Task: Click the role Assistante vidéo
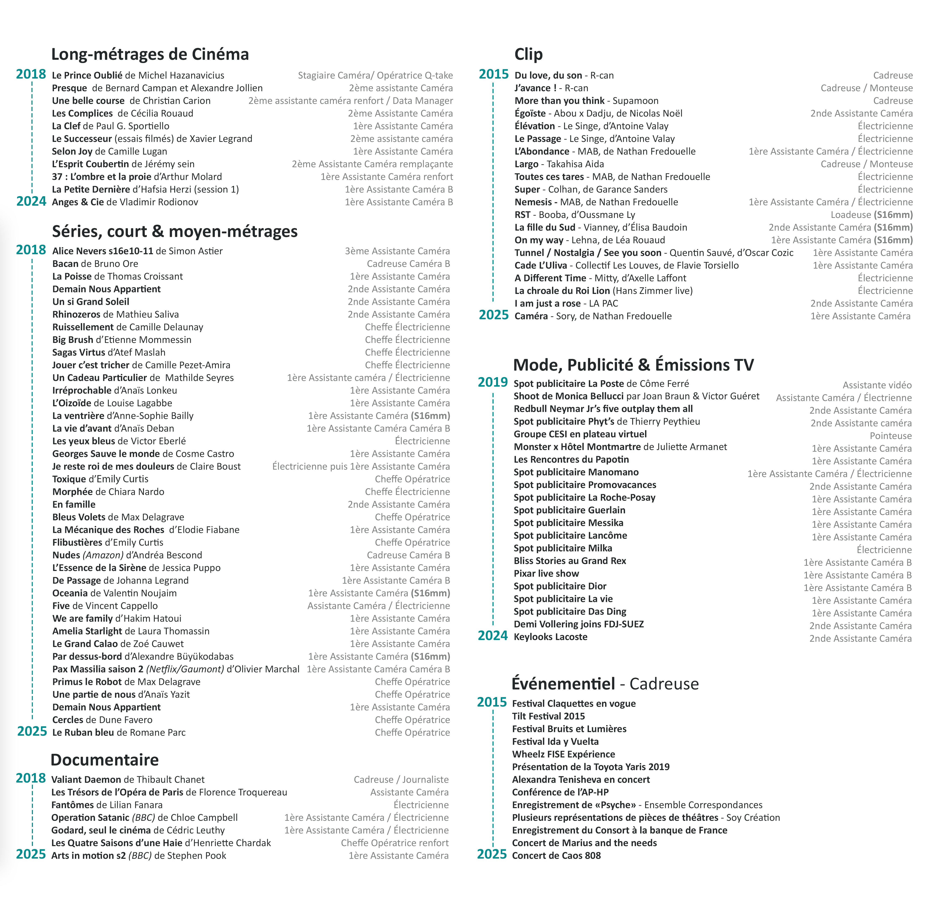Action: point(877,385)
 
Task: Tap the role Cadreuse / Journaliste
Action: point(401,779)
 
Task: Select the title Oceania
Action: point(70,593)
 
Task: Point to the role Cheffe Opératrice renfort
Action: point(395,843)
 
